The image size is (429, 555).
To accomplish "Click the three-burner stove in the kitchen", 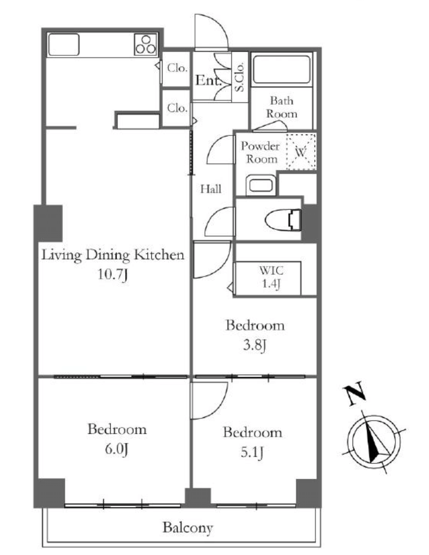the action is [146, 44].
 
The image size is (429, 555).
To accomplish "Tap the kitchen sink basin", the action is [64, 44].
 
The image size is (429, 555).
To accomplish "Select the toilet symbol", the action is [283, 220].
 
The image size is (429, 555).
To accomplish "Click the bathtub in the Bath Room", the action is [282, 69].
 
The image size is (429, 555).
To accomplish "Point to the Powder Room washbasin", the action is [261, 185].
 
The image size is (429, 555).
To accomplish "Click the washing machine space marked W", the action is [301, 152].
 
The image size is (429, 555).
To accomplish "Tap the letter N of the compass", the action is [354, 393].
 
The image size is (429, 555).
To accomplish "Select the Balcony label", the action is [188, 527].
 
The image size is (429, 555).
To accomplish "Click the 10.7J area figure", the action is [113, 274].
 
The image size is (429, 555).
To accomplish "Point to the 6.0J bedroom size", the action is [116, 449].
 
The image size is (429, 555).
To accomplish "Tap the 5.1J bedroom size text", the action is [252, 452].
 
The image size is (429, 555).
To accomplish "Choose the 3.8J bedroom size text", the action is [255, 345].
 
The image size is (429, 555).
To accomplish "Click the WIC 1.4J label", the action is [271, 277].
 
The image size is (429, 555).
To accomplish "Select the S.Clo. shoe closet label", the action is [239, 77].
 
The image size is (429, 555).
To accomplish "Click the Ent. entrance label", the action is [209, 80].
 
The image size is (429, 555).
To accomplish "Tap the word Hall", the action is [211, 189].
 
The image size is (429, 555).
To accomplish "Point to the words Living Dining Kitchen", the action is [113, 255].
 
